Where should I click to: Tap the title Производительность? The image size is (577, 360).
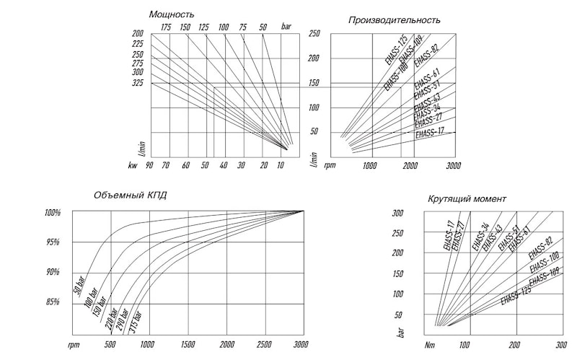395,19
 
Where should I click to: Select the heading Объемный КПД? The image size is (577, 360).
131,195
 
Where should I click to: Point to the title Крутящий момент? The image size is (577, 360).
467,198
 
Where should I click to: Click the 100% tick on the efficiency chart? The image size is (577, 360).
52,213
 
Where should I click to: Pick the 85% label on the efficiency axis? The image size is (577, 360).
53,302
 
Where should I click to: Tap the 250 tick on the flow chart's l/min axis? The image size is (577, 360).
314,33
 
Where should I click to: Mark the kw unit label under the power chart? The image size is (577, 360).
132,166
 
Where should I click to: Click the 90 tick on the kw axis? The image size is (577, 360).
149,166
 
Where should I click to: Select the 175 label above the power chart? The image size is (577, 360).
166,27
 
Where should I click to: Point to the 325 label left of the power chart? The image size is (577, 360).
137,84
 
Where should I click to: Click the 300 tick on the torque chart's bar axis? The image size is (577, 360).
396,213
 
